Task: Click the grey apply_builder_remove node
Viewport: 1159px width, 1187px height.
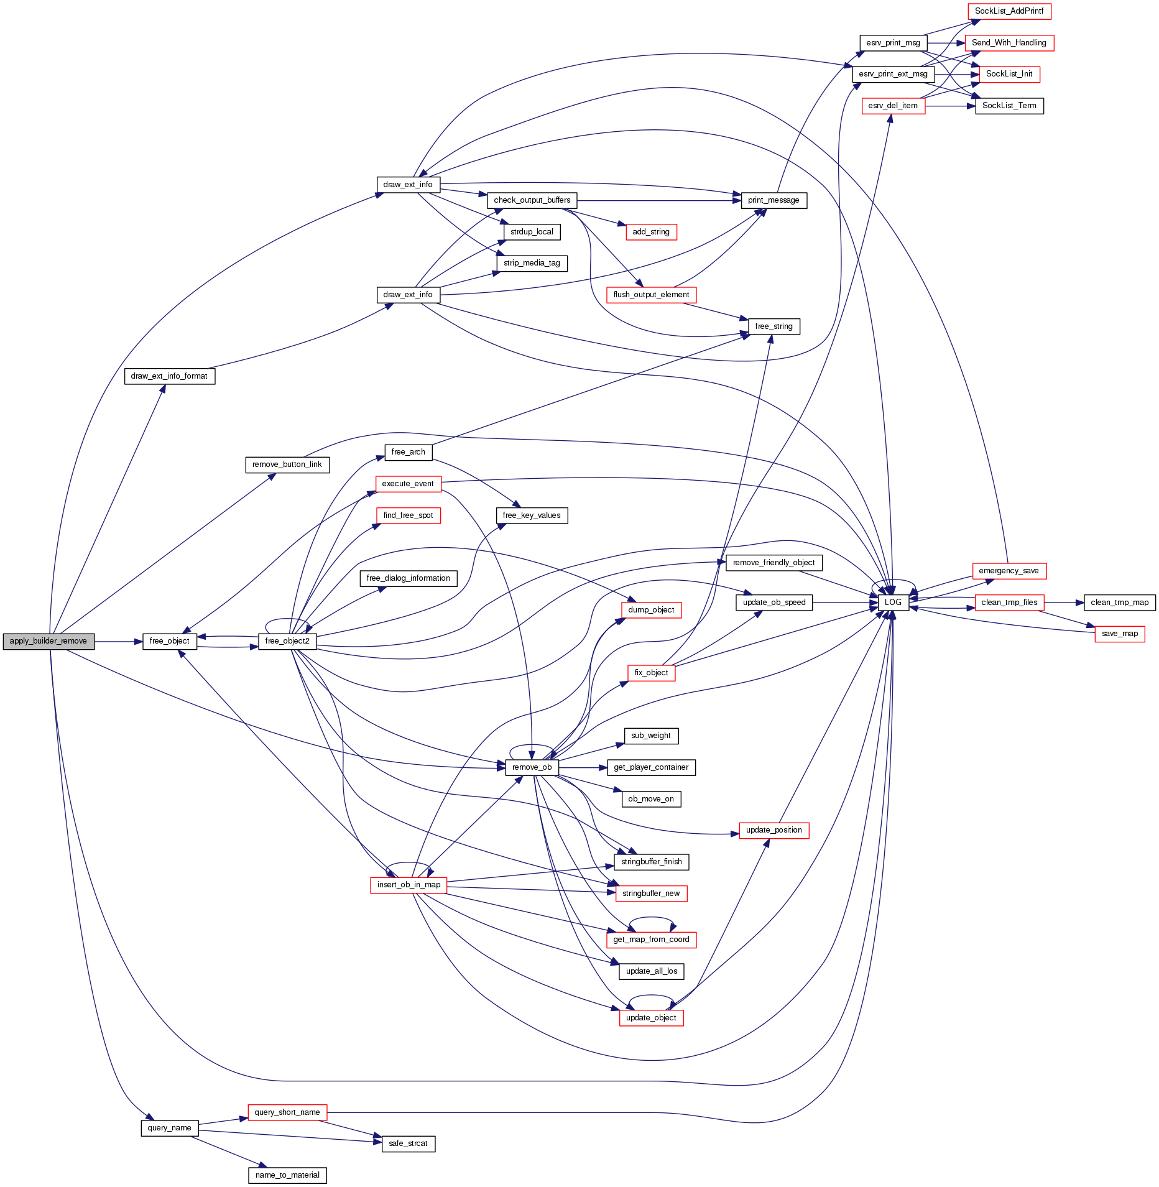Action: coord(48,641)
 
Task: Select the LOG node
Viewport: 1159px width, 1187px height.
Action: coord(893,603)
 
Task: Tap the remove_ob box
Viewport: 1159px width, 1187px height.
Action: coord(532,767)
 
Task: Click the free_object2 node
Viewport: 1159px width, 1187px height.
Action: coord(287,641)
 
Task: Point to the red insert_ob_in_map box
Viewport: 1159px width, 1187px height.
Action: coord(409,885)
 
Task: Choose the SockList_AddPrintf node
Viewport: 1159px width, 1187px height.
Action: coord(1009,11)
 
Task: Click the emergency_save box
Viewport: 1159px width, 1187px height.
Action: coord(1009,571)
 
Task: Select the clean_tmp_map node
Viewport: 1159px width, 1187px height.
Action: coord(1119,603)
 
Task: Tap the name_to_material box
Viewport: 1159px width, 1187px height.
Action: coord(287,1175)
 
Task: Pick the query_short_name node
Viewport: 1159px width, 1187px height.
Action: coord(287,1112)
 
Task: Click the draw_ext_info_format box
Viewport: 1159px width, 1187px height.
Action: coord(169,376)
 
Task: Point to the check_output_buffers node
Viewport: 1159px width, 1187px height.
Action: coord(532,200)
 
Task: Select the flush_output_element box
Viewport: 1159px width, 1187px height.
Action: coord(651,295)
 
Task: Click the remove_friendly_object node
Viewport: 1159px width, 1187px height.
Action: coord(773,563)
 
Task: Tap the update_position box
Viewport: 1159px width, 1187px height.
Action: coord(773,830)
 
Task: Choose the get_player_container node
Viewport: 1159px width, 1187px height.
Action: coord(651,767)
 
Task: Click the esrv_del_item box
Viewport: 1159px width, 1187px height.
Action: coord(893,106)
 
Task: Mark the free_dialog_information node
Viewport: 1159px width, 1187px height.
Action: coord(408,578)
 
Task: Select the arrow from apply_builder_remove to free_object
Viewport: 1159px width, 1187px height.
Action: coord(118,641)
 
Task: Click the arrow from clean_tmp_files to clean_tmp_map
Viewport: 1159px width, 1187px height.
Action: coord(1064,603)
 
